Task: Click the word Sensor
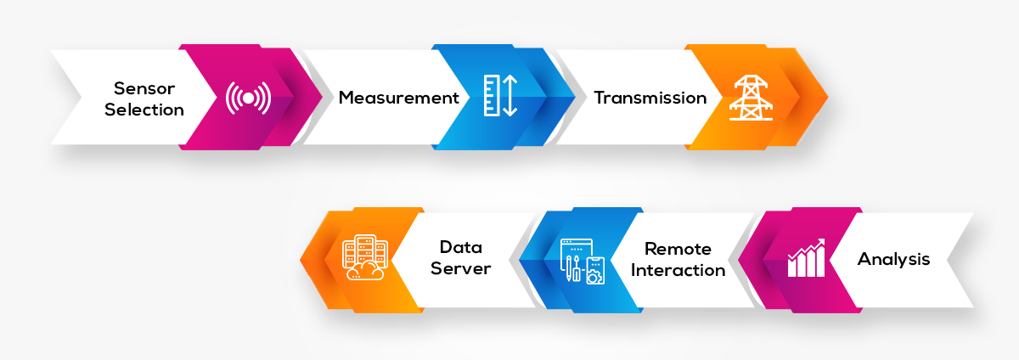[144, 87]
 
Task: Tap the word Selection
[144, 110]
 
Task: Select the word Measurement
[398, 98]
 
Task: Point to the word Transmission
[650, 98]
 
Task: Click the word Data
[461, 247]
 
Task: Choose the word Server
[461, 269]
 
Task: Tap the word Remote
[678, 249]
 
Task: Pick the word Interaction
[678, 270]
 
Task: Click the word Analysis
[893, 259]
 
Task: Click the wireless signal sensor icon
[248, 98]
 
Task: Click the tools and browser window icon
[583, 260]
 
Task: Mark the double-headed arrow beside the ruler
[509, 96]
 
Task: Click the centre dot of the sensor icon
[248, 98]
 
